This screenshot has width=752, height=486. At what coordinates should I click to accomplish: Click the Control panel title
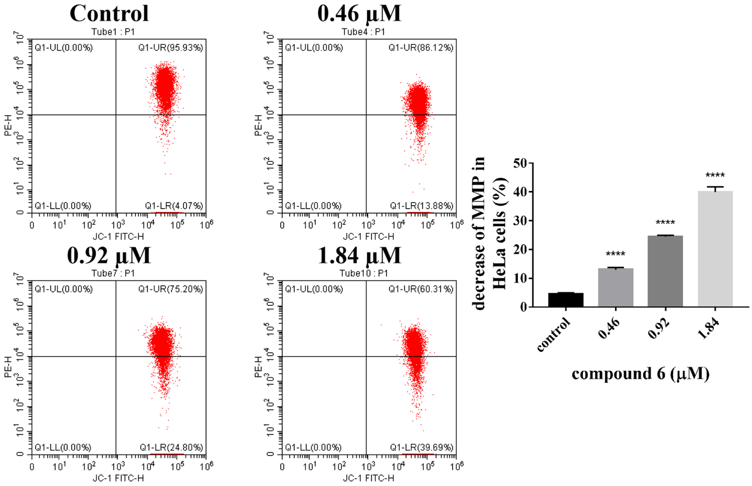click(x=109, y=13)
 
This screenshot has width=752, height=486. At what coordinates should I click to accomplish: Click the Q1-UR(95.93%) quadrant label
click(x=171, y=48)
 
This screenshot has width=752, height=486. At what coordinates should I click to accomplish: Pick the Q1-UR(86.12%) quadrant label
click(x=421, y=48)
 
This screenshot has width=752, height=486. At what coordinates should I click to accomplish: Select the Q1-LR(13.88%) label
click(x=421, y=206)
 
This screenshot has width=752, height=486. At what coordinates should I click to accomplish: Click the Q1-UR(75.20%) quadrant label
click(x=171, y=289)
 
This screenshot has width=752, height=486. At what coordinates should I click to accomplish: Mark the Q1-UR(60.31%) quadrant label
click(x=421, y=289)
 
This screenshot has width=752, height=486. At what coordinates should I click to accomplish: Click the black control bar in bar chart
click(x=566, y=300)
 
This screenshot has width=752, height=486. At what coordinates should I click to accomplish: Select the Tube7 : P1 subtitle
click(x=113, y=273)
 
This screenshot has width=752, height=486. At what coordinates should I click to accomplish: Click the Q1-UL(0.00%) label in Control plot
click(x=64, y=48)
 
